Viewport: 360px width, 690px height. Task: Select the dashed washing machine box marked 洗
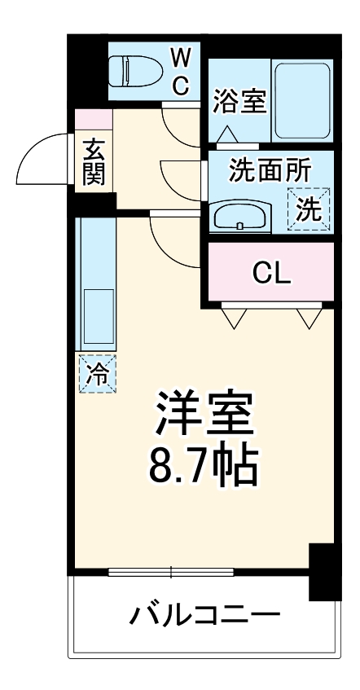(310, 207)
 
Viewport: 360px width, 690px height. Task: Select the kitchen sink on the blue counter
(96, 317)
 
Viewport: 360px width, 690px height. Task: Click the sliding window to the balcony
(171, 572)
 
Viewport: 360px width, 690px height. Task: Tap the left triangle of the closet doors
(234, 319)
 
